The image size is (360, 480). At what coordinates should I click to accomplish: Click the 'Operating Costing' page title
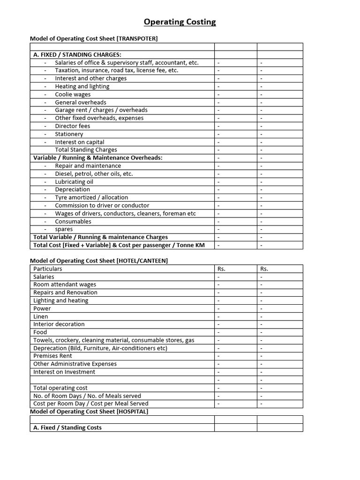180,22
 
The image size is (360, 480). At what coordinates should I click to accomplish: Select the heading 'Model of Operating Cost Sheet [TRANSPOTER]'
94,38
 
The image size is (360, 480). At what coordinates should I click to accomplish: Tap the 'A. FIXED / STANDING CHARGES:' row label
77,55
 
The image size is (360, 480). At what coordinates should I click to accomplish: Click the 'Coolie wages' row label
73,94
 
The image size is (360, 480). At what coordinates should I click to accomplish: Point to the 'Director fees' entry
72,126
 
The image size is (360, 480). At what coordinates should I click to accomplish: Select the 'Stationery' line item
69,134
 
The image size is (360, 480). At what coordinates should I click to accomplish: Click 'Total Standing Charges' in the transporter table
86,150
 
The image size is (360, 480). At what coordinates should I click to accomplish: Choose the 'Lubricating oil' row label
74,182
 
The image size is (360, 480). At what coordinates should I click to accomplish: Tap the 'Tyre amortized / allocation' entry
91,197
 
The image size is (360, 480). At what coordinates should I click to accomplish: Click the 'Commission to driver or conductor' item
102,205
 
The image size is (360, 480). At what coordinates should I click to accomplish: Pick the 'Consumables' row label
73,221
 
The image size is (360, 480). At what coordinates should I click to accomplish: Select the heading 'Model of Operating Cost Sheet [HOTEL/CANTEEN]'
99,261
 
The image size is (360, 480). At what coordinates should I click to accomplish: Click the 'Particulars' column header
47,269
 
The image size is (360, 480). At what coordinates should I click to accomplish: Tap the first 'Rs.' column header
222,269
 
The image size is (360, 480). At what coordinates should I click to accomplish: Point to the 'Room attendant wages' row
65,285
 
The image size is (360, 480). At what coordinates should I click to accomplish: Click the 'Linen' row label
41,316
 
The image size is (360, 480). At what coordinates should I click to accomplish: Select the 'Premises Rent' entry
52,356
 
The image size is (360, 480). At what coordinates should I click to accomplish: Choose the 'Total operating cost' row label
60,388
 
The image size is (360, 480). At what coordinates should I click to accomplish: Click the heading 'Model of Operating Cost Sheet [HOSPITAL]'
89,411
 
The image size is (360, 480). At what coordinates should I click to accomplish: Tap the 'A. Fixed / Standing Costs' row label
67,427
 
